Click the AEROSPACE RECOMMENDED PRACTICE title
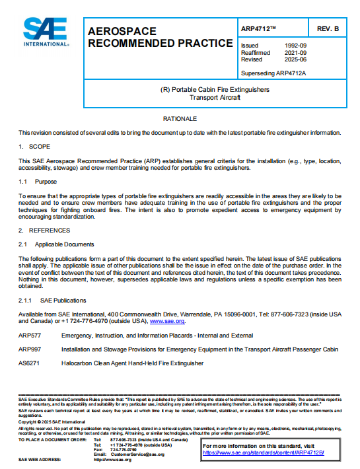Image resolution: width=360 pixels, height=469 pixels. tap(141, 38)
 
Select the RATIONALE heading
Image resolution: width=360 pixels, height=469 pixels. tap(180, 118)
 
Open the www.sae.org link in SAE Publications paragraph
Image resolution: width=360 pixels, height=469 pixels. tap(168, 321)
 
